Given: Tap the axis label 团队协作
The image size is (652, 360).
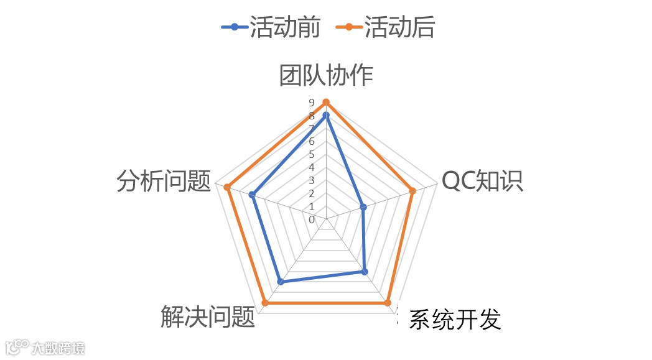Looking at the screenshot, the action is (326, 75).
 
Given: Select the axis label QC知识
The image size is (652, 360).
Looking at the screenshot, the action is (482, 180).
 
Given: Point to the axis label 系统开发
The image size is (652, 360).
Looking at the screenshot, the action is (455, 320).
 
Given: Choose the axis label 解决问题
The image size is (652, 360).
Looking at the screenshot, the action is (208, 317).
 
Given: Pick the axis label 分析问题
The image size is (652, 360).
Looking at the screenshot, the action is (164, 181).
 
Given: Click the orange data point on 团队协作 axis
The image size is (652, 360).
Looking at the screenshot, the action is (326, 102).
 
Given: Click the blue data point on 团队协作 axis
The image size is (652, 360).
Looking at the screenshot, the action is (326, 115).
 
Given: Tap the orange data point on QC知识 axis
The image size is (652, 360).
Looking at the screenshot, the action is (412, 190).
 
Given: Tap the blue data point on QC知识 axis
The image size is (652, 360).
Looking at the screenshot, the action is (363, 206).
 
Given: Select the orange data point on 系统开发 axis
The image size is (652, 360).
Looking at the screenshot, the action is (387, 303).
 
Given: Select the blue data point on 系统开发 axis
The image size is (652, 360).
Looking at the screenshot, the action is (365, 272).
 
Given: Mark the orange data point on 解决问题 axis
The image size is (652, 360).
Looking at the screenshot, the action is (265, 303).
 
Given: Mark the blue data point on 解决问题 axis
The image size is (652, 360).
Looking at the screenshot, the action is (281, 282).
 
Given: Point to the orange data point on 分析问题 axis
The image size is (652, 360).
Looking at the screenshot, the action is (228, 187).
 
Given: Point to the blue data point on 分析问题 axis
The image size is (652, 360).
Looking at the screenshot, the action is (252, 195).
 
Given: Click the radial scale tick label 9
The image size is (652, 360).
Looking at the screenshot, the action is (312, 103).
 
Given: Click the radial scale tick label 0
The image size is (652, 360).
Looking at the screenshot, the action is (312, 219).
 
